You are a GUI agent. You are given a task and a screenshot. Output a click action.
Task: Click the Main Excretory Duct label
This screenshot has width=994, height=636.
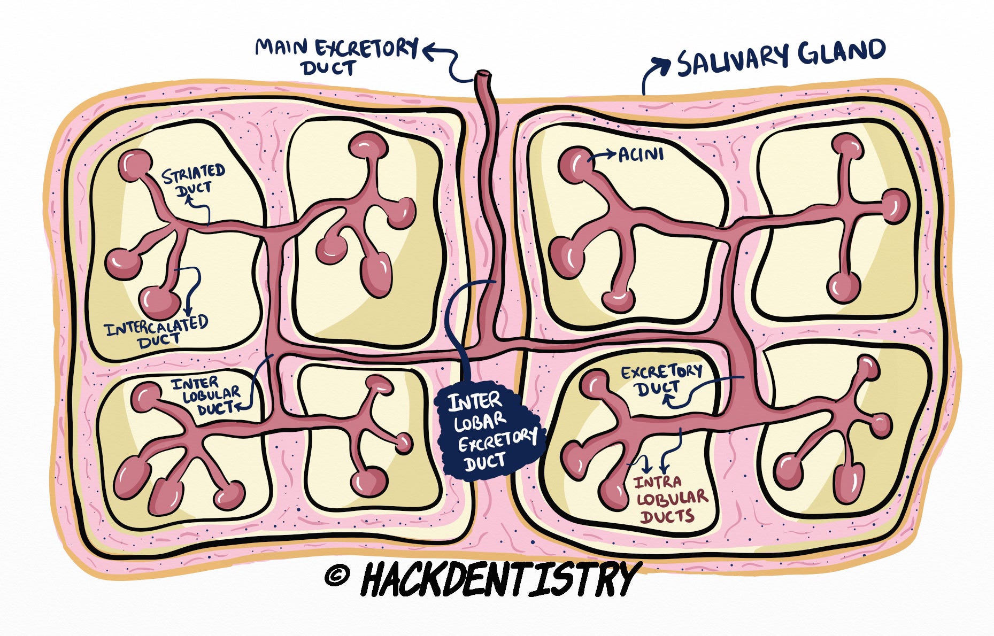coord(336,56)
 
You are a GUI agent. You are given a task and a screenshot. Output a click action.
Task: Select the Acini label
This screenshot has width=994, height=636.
coord(641,155)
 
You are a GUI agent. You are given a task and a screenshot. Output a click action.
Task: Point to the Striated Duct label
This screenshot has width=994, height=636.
coord(194,181)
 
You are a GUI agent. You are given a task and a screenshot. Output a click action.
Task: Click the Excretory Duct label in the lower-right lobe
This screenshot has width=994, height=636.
coord(661,379)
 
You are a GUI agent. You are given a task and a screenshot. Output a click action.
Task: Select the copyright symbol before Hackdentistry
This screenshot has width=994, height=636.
coord(337,576)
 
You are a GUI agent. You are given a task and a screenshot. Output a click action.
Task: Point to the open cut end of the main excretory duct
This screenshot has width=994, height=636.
coord(483,74)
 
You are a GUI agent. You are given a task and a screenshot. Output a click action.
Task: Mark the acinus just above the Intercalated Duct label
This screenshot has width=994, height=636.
coord(159,303)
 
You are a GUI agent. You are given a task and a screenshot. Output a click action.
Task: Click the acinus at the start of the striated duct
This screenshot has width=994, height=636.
coord(135,166)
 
